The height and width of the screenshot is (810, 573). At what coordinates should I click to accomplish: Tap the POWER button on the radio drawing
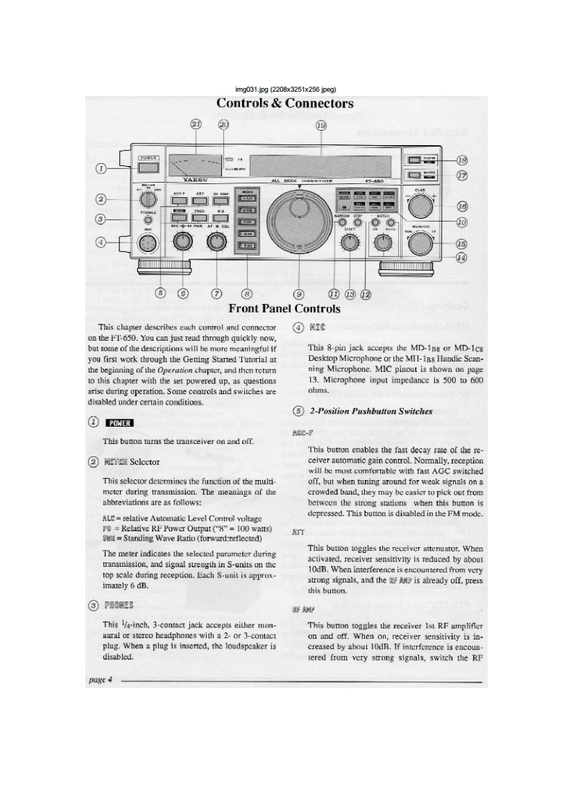[148, 167]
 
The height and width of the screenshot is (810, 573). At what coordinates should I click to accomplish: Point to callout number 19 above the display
[321, 124]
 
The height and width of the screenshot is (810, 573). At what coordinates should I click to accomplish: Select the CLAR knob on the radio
[420, 206]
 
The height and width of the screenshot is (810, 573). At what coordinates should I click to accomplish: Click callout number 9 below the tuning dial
[298, 293]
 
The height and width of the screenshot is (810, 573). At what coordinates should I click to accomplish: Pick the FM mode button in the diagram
[247, 246]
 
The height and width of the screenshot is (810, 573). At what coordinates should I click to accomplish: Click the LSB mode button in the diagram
[247, 198]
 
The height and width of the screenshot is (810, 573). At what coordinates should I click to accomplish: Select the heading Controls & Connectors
[285, 103]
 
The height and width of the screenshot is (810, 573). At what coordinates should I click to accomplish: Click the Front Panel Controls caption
[285, 309]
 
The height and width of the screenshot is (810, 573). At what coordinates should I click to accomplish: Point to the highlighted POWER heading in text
[119, 423]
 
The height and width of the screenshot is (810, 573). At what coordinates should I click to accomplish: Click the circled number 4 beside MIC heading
[298, 327]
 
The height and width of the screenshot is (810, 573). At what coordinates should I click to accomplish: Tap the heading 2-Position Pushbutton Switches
[371, 411]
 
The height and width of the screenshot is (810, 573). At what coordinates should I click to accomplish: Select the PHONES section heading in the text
[119, 605]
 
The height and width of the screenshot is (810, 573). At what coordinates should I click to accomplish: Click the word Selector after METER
[145, 461]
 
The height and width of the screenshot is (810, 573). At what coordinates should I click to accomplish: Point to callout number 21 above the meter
[195, 124]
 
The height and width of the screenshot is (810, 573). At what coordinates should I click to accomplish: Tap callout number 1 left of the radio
[101, 168]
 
